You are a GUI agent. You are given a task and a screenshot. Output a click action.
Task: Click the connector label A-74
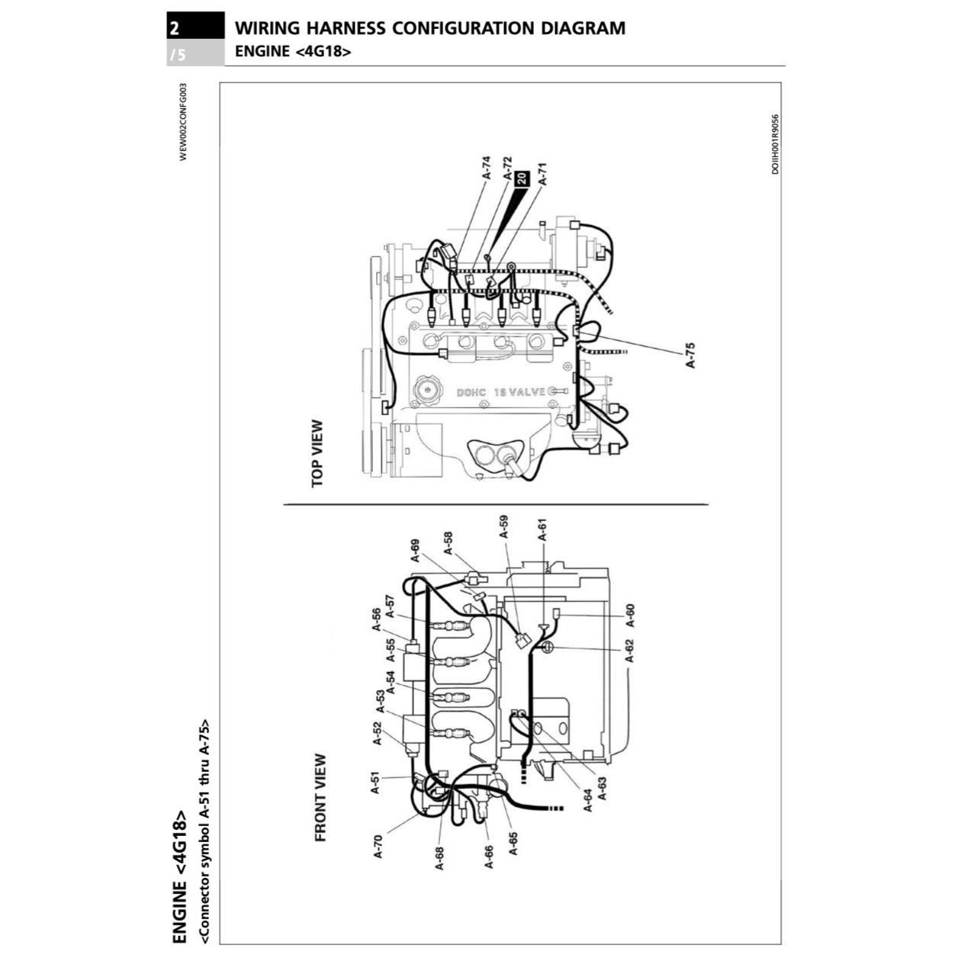[487, 168]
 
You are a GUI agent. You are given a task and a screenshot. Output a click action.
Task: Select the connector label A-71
[542, 174]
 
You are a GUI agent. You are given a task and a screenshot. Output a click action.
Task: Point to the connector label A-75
[690, 355]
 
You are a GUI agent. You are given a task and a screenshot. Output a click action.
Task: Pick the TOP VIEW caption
[317, 453]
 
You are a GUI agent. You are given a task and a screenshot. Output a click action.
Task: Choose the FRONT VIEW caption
[320, 798]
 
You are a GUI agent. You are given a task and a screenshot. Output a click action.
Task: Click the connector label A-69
[415, 550]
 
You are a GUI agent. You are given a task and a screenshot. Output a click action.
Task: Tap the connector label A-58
[448, 543]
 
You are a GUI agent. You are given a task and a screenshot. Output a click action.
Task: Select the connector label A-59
[503, 526]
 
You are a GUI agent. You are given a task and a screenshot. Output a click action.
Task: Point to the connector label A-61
[542, 529]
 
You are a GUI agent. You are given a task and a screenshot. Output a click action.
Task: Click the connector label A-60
[629, 616]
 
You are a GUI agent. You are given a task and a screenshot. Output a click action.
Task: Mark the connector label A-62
[629, 651]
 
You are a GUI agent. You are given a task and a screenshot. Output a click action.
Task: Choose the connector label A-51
[375, 783]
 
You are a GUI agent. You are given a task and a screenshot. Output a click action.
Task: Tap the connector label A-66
[489, 856]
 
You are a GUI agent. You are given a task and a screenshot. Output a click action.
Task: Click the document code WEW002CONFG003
[182, 122]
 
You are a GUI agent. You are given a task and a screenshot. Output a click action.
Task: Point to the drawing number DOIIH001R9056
[775, 144]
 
